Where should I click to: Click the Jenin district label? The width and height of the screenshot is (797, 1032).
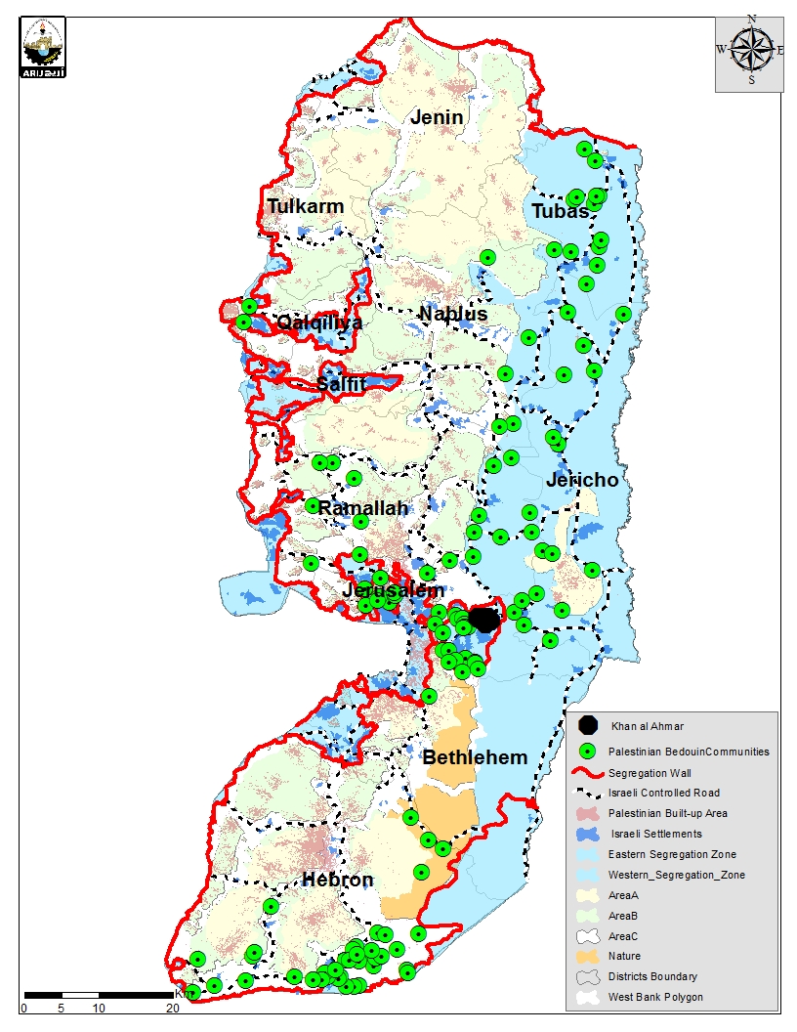tap(437, 117)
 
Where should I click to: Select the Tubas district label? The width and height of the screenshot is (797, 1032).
tap(561, 211)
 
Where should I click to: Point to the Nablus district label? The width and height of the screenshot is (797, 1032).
tap(452, 314)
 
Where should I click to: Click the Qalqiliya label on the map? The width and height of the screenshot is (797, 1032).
tap(318, 322)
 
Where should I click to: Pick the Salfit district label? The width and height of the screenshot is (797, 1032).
tap(341, 384)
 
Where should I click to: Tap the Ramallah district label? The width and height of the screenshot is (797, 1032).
tap(362, 508)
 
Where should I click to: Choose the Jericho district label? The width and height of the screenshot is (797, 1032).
tap(582, 480)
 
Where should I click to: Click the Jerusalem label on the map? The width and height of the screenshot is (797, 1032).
tap(393, 591)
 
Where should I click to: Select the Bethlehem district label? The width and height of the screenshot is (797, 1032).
tap(475, 757)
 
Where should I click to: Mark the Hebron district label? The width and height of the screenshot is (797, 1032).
tap(337, 880)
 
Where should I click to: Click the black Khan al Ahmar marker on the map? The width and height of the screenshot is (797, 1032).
tap(484, 619)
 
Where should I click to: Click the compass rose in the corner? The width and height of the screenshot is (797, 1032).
tap(750, 49)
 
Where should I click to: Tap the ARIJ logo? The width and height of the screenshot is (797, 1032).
tap(43, 46)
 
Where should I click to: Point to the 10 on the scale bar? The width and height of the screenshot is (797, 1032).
tap(98, 1008)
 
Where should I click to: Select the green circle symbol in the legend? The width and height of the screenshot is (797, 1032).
tap(587, 752)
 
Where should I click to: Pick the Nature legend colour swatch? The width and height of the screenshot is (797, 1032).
tap(587, 956)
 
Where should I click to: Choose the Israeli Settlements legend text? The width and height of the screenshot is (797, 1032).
tap(656, 834)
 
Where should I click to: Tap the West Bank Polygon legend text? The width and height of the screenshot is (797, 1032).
tap(654, 997)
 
